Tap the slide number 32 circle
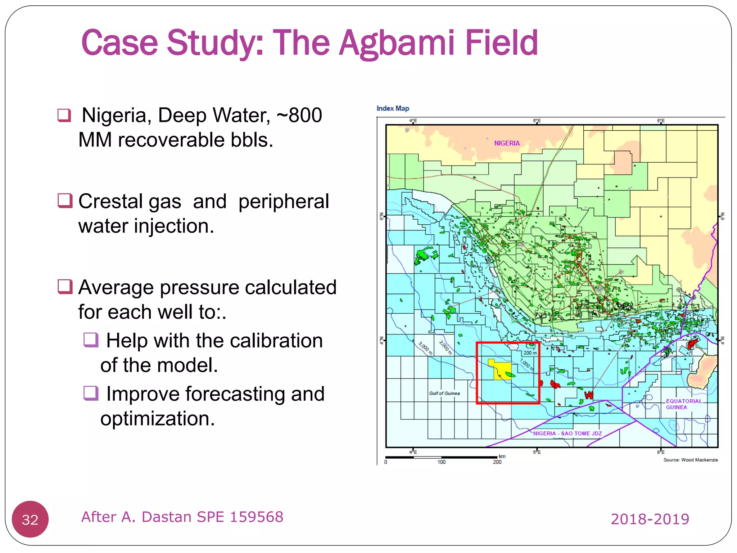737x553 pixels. point(30,519)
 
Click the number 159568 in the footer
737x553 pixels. point(257,517)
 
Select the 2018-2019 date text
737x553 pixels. point(650,519)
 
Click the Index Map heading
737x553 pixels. point(393,108)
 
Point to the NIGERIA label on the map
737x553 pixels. point(507,143)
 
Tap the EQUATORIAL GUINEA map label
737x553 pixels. point(683,404)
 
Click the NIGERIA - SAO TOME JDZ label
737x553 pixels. point(567,433)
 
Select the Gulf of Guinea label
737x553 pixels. point(444,393)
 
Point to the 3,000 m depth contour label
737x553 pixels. point(425,348)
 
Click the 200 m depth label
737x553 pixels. point(530,353)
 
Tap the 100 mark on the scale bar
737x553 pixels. point(441,462)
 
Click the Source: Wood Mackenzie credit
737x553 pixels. point(690,460)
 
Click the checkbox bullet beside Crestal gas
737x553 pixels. point(65,201)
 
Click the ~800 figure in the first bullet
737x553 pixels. point(299,116)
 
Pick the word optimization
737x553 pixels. point(158,418)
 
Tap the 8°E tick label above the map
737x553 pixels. point(660,121)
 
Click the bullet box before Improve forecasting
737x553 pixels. point(91,393)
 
